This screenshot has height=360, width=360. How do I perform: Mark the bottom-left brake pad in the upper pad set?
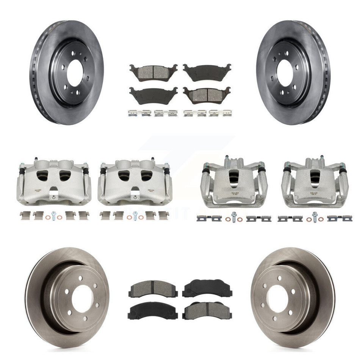pyautogui.click(x=153, y=95)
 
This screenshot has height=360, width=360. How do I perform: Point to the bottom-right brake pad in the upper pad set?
pyautogui.click(x=207, y=95)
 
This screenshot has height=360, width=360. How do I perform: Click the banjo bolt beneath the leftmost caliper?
pyautogui.click(x=54, y=217)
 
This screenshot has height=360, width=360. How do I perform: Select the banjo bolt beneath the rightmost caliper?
pyautogui.click(x=315, y=217)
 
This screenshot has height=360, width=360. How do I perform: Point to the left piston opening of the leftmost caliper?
pyautogui.click(x=43, y=175)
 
